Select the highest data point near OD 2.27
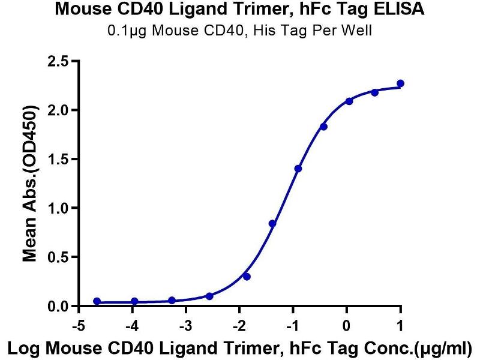(x=400, y=83)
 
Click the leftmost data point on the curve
(x=97, y=301)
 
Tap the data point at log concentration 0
(x=349, y=101)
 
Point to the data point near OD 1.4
(x=298, y=169)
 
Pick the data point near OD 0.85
(x=272, y=223)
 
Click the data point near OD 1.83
(x=323, y=127)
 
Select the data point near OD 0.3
(x=247, y=277)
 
